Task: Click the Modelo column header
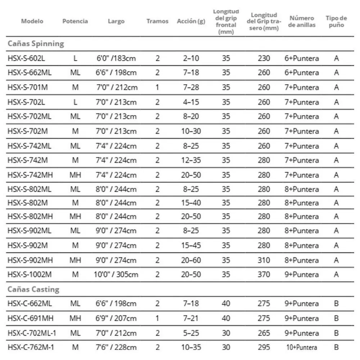point(32,21)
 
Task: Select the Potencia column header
point(75,21)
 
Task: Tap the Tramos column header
point(157,21)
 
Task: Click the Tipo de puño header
point(336,21)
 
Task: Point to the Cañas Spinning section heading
point(36,44)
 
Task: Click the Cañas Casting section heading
point(33,289)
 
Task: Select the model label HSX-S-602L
point(26,58)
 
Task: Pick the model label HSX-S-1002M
point(30,275)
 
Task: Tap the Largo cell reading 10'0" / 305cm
point(116,275)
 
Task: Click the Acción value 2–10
point(191,58)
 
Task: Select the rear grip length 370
point(264,275)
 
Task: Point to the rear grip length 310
point(264,260)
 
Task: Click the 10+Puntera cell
point(302,347)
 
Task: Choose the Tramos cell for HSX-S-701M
point(157,87)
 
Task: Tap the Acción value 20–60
point(191,260)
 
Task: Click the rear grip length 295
point(264,347)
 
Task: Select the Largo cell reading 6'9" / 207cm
point(116,318)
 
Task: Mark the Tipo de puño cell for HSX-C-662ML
point(336,303)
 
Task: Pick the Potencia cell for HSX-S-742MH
point(75,175)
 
